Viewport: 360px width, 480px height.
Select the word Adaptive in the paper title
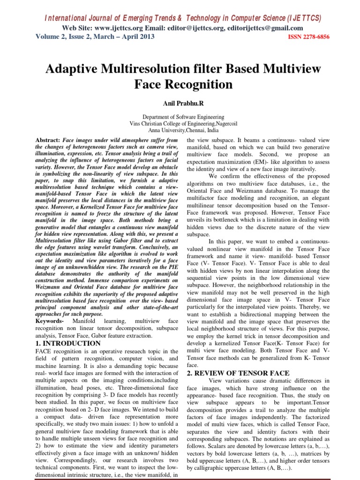click(76, 69)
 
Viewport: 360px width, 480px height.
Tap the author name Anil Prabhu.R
click(180, 103)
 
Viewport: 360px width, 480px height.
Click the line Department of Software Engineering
click(180, 117)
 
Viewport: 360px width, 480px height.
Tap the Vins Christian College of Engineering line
click(180, 124)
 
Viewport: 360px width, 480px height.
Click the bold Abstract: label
click(48, 140)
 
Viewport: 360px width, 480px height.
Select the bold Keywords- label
click(50, 321)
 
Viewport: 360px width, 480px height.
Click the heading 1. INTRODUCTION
click(68, 343)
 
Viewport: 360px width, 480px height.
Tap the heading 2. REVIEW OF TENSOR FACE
click(238, 373)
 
